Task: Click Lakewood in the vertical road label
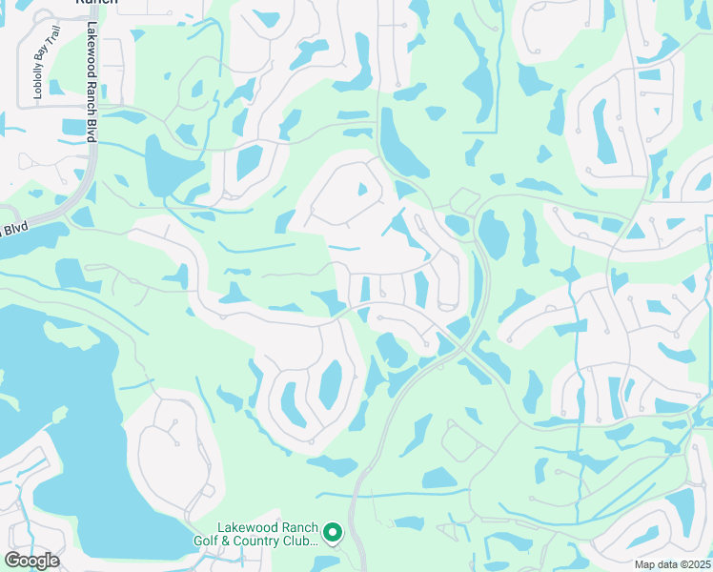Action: pos(92,48)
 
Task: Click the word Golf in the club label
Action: pos(233,541)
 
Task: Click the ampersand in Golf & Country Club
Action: pos(254,541)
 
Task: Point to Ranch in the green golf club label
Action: pos(295,527)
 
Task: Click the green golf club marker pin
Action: pos(333,532)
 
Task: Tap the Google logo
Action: pos(31,561)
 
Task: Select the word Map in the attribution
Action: pos(645,564)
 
